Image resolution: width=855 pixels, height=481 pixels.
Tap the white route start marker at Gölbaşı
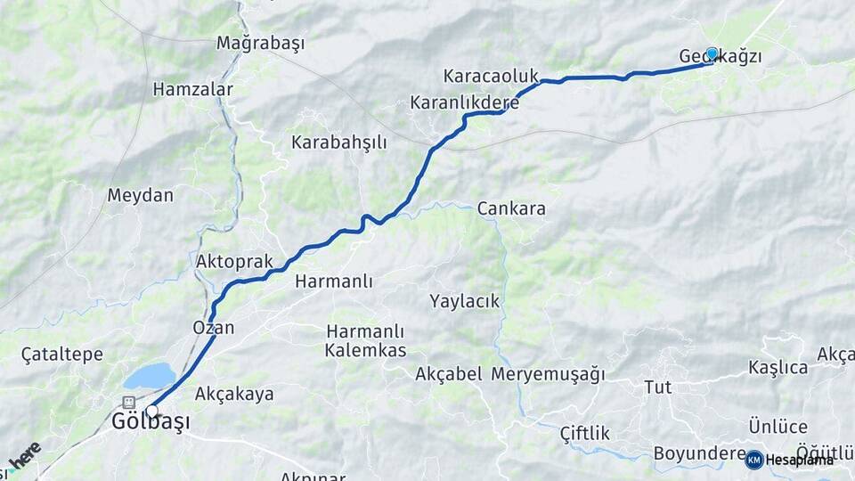click(152, 412)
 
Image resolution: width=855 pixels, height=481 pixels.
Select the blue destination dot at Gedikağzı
click(712, 53)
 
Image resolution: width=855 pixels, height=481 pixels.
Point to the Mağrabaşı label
click(261, 43)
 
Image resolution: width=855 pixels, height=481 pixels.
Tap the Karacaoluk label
click(491, 76)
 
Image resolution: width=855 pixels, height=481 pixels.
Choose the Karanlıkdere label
click(464, 102)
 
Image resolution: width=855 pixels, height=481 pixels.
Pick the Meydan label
click(140, 195)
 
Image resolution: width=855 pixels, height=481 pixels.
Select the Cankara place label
click(511, 208)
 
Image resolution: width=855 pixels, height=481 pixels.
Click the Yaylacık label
click(464, 301)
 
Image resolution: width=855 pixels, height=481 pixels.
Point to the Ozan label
click(214, 328)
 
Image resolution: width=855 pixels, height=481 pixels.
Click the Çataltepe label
click(62, 355)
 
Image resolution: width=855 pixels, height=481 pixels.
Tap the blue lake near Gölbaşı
click(150, 376)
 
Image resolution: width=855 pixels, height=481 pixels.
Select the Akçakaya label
click(234, 394)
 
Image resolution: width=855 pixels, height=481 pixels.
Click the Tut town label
click(657, 387)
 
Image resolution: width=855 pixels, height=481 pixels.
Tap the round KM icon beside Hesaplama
click(754, 460)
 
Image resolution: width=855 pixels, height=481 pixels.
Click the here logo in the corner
click(24, 455)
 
